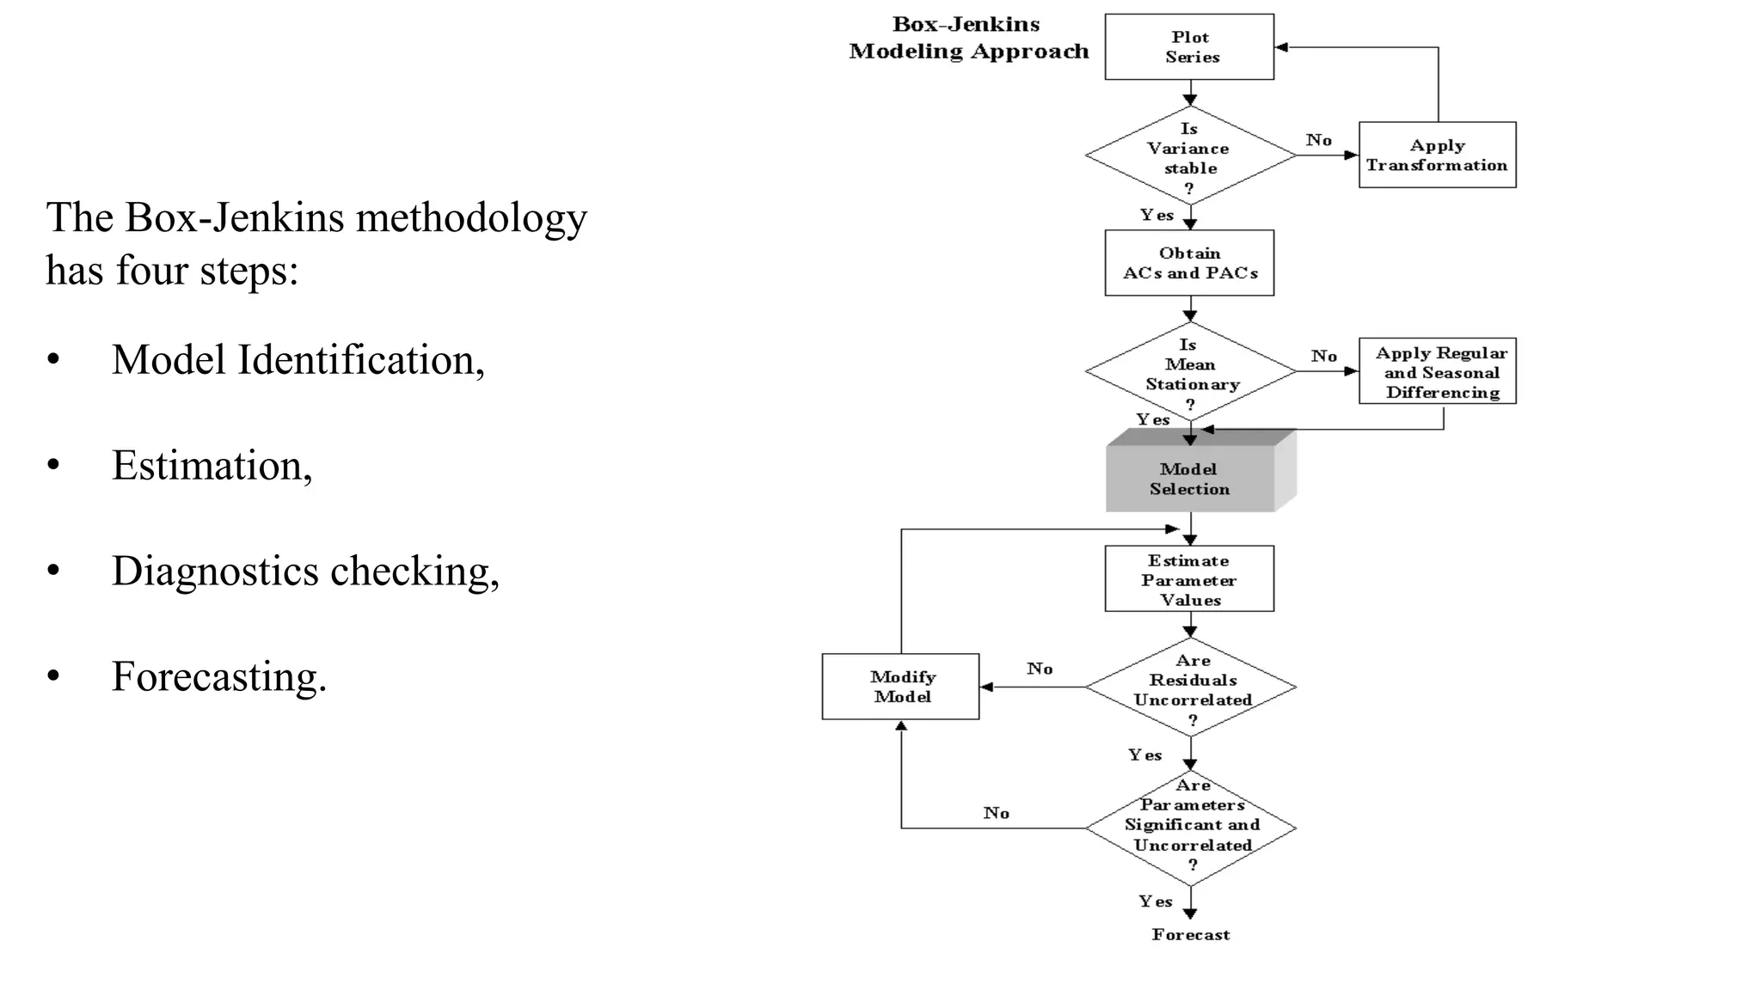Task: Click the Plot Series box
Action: [x=1189, y=47]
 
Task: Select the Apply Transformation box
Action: [x=1437, y=156]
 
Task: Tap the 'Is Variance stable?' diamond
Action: [x=1190, y=156]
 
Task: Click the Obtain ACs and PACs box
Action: [x=1189, y=263]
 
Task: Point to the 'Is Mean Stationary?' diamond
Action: [x=1190, y=372]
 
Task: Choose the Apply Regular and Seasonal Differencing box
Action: [x=1437, y=372]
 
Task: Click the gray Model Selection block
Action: [x=1190, y=479]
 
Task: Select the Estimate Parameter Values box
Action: [x=1189, y=579]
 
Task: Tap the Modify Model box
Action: [x=900, y=687]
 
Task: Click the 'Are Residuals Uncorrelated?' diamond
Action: [x=1191, y=687]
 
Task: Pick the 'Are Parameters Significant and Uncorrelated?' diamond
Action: [x=1191, y=827]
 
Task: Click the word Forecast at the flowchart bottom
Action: [x=1191, y=935]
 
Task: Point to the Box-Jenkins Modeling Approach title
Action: [x=968, y=39]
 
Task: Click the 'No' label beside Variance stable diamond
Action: [x=1318, y=140]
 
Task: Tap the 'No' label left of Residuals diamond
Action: [x=1039, y=669]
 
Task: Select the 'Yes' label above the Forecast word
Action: [x=1155, y=901]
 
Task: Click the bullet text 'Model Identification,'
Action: [x=298, y=360]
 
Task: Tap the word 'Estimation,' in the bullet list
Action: [x=212, y=466]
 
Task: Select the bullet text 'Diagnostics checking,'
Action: [x=305, y=571]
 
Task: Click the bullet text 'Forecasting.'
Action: [x=219, y=677]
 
